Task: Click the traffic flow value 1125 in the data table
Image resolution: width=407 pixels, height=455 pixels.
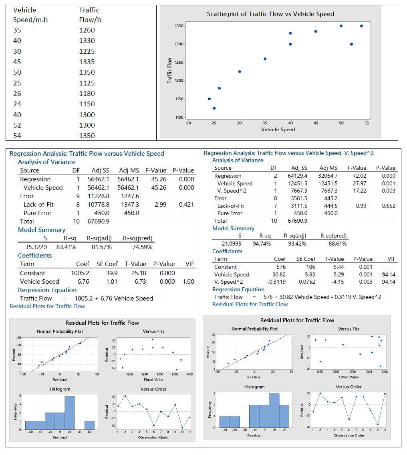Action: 87,83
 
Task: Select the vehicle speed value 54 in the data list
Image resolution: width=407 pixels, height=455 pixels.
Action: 17,136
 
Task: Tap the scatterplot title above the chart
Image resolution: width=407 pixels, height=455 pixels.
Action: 270,14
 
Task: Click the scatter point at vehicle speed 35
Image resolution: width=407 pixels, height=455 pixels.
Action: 265,59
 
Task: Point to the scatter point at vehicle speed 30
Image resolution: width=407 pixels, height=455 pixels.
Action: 240,71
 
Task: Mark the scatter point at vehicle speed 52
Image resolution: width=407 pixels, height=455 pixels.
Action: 351,44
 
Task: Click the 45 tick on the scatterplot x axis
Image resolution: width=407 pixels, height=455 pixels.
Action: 316,123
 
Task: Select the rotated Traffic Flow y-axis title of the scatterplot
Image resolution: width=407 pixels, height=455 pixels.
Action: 170,71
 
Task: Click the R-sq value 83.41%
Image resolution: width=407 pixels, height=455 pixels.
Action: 66,247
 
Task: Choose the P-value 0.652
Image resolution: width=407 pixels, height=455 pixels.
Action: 388,206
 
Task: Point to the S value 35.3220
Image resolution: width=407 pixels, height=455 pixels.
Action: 35,247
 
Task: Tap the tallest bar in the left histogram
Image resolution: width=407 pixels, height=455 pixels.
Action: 70,413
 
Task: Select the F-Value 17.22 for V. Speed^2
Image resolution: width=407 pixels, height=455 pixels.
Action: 359,191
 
